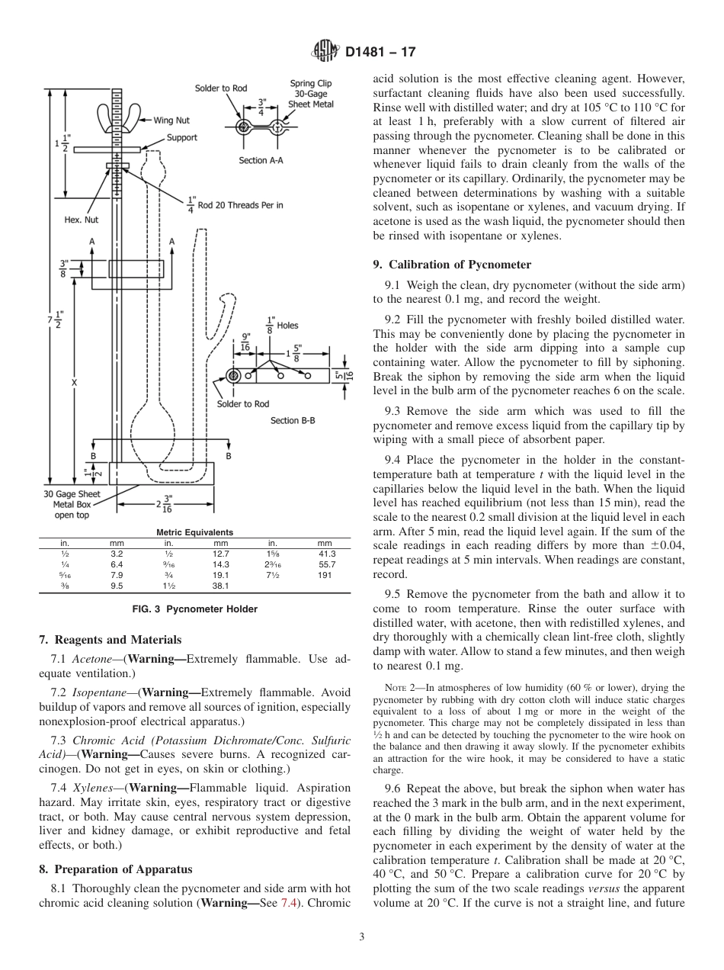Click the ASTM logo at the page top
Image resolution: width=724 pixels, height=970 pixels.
click(x=325, y=52)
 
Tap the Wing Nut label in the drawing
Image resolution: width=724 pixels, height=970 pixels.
click(x=171, y=120)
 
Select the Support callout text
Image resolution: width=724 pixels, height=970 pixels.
click(x=182, y=137)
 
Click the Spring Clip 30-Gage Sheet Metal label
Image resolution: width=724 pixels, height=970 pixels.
click(x=311, y=94)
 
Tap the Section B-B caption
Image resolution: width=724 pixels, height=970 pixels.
click(x=293, y=420)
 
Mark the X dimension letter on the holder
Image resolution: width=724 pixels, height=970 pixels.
click(x=74, y=384)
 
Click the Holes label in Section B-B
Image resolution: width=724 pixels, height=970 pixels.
click(x=287, y=326)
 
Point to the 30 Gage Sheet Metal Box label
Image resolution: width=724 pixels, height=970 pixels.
click(x=72, y=504)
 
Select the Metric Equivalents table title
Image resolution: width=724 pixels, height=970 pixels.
click(x=194, y=532)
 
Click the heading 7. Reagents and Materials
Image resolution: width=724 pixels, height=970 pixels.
click(x=110, y=640)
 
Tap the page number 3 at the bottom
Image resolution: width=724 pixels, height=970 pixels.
click(x=362, y=937)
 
